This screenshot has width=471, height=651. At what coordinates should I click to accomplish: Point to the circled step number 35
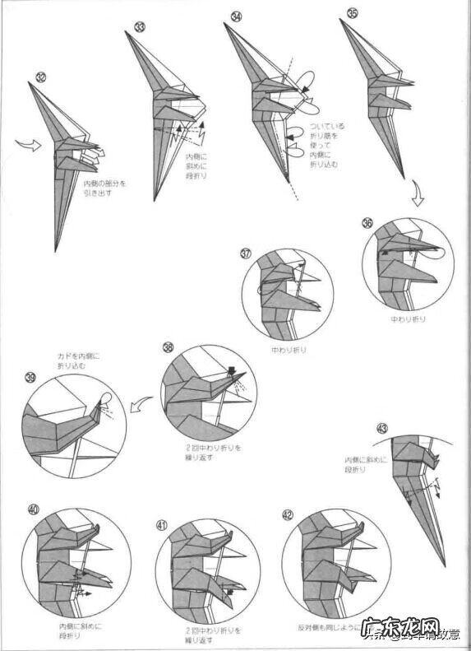tap(353, 13)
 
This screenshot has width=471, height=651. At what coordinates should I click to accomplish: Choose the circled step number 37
tap(247, 253)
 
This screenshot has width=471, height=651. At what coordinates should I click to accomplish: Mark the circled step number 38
tap(168, 348)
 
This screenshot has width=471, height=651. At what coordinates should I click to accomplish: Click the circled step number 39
tap(31, 378)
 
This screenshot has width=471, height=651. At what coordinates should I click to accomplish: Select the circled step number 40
tap(34, 509)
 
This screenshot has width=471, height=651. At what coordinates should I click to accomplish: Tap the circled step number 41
tap(161, 523)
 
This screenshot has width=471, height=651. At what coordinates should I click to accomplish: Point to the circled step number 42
tap(287, 515)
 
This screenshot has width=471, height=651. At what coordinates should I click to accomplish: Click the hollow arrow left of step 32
tap(26, 146)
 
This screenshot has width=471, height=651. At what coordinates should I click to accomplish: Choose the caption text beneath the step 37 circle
tap(289, 349)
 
